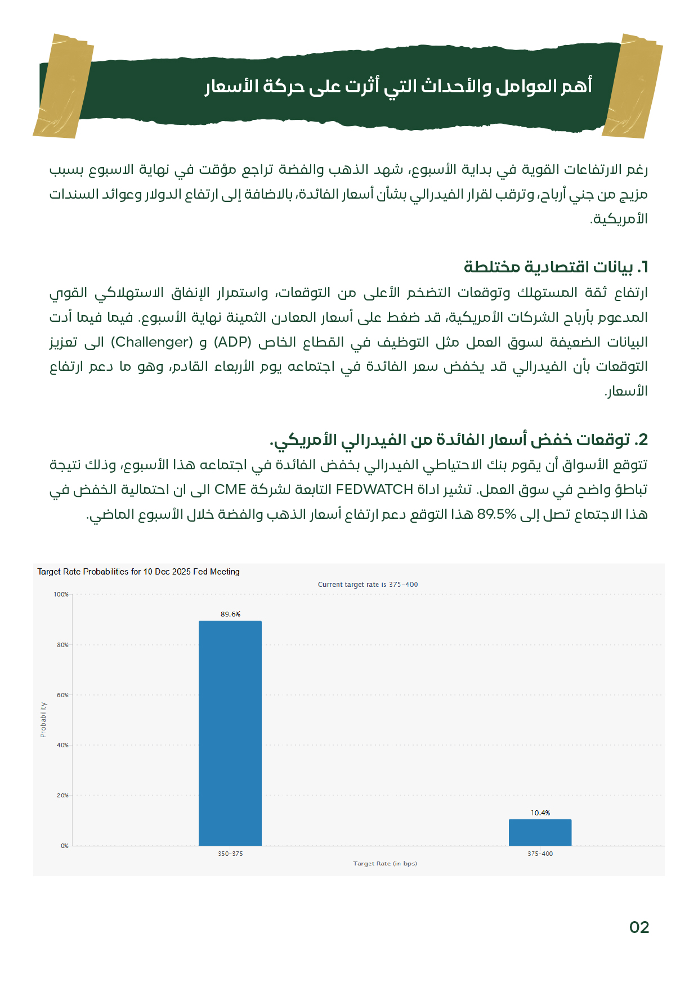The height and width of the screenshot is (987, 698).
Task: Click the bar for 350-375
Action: pyautogui.click(x=230, y=733)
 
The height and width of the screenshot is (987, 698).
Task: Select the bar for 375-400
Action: pyautogui.click(x=540, y=832)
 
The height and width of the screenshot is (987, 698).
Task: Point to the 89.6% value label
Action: pyautogui.click(x=230, y=614)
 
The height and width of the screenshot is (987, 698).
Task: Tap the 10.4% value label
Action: pyautogui.click(x=540, y=813)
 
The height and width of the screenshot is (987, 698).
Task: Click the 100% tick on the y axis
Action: pyautogui.click(x=61, y=594)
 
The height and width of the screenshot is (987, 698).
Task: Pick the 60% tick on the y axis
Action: pyautogui.click(x=62, y=695)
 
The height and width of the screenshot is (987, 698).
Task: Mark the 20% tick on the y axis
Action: pyautogui.click(x=62, y=795)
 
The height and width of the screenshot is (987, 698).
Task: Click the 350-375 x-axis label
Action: pyautogui.click(x=230, y=854)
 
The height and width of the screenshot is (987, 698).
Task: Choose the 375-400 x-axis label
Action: pyautogui.click(x=540, y=854)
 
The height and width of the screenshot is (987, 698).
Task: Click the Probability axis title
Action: pyautogui.click(x=43, y=719)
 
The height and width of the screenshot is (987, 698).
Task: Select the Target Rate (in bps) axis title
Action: pyautogui.click(x=385, y=863)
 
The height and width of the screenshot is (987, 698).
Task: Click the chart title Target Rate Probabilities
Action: pyautogui.click(x=138, y=572)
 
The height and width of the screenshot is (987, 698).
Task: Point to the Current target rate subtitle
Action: pyautogui.click(x=368, y=584)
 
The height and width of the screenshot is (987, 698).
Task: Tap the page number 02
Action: pyautogui.click(x=639, y=927)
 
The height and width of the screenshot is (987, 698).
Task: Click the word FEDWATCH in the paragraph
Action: pyautogui.click(x=374, y=490)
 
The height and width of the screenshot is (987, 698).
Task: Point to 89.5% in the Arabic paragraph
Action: pyautogui.click(x=496, y=514)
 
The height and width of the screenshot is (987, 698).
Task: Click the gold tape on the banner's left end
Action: pyautogui.click(x=63, y=86)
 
